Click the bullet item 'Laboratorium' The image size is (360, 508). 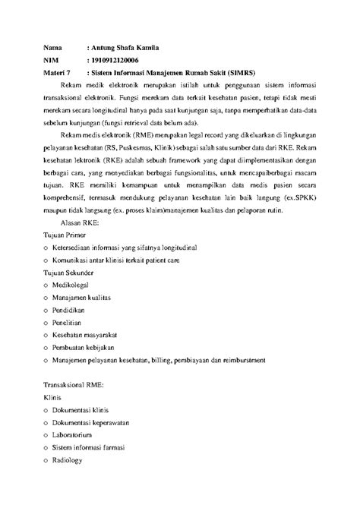79,447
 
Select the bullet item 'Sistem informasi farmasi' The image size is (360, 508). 100,460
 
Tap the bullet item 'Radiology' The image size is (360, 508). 74,473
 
